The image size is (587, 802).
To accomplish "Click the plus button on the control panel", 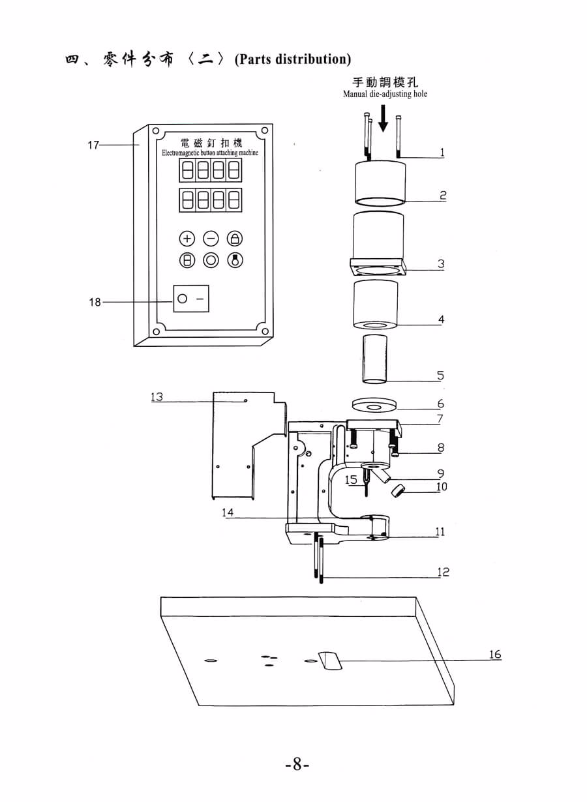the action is [187, 239].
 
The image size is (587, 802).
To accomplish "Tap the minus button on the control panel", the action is [211, 239].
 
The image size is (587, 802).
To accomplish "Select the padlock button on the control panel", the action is [235, 239].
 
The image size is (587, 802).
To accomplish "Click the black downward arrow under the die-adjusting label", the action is [384, 118].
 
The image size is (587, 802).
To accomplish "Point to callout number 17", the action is [93, 145].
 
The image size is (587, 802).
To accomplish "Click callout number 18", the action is [95, 302].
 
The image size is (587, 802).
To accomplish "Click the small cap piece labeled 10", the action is [398, 490].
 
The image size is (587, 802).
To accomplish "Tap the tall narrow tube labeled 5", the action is [374, 359].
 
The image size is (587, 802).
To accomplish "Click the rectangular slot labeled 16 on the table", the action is [331, 661].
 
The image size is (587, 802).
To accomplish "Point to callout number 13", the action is [157, 396].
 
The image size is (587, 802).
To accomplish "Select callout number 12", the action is [443, 572].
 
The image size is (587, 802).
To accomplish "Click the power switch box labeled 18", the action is [191, 299].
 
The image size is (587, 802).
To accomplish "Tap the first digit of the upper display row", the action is [187, 170].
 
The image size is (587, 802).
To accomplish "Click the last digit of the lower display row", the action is [234, 200].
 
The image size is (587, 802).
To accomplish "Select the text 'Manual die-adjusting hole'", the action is [385, 94].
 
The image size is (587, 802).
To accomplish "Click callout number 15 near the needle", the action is [351, 479].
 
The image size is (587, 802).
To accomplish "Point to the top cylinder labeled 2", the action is [380, 183].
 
